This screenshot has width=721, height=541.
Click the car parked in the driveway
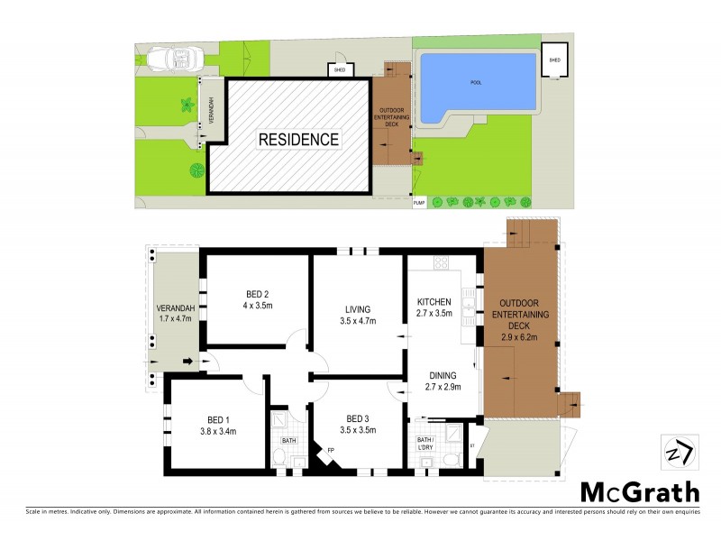coord(177,60)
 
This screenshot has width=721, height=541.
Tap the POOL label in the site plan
coord(476,82)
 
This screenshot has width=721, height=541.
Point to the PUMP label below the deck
coord(418,204)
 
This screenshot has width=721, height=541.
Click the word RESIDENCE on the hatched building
coord(299,140)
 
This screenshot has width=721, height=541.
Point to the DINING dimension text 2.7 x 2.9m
coord(443,388)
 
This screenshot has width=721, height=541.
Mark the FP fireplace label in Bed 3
coord(331,450)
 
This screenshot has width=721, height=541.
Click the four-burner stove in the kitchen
coord(442,263)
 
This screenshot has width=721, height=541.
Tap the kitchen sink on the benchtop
coord(469,308)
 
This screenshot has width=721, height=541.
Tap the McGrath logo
coord(639,491)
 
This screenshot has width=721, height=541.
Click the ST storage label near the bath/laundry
coord(472,445)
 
